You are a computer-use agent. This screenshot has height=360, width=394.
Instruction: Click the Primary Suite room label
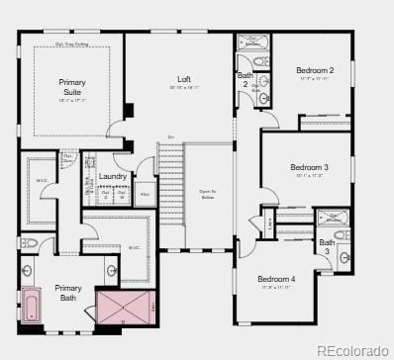pyautogui.click(x=71, y=87)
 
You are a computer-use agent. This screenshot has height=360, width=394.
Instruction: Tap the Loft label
pyautogui.click(x=184, y=79)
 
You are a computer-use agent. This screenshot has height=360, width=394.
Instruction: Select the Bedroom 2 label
pyautogui.click(x=315, y=70)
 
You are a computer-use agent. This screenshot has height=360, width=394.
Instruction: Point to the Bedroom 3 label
pyautogui.click(x=309, y=167)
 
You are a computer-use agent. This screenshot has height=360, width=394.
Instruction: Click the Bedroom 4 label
pyautogui.click(x=277, y=279)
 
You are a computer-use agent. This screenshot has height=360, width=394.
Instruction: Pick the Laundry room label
pyautogui.click(x=113, y=176)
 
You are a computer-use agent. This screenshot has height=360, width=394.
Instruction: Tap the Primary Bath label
pyautogui.click(x=68, y=293)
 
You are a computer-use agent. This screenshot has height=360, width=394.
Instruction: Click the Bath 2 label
pyautogui.click(x=245, y=80)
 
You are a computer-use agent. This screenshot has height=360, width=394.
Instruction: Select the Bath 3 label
pyautogui.click(x=327, y=246)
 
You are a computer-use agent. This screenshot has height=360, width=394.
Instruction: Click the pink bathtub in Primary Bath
pyautogui.click(x=31, y=305)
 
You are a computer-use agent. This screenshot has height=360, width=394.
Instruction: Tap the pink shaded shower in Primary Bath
pyautogui.click(x=126, y=306)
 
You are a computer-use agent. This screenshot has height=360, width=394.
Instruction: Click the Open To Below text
pyautogui.click(x=208, y=195)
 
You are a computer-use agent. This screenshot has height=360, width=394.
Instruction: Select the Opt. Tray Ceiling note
pyautogui.click(x=72, y=45)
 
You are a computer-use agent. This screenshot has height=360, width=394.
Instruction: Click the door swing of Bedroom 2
pyautogui.click(x=270, y=118)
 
